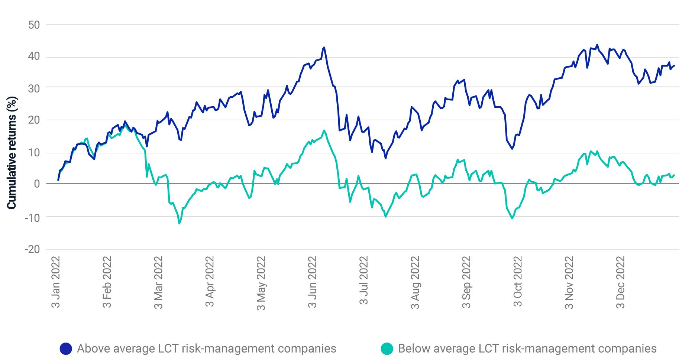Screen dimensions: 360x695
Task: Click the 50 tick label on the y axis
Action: click(x=34, y=25)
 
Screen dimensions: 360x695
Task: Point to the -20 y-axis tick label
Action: click(x=32, y=249)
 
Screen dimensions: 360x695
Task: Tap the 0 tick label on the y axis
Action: click(x=36, y=184)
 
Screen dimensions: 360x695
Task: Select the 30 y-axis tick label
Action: click(x=34, y=88)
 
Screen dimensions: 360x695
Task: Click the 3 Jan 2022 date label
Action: click(x=55, y=282)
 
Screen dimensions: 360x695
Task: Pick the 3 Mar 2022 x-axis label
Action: click(x=158, y=282)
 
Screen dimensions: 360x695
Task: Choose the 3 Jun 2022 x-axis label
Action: click(x=312, y=282)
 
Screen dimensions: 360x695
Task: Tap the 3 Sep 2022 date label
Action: click(x=466, y=282)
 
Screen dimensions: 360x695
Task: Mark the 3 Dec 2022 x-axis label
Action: click(x=620, y=282)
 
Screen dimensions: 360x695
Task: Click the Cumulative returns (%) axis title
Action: click(x=12, y=153)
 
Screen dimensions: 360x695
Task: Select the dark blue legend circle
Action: click(x=66, y=348)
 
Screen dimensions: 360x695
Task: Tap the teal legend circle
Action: click(x=387, y=348)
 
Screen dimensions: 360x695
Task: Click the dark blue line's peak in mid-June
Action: click(x=324, y=47)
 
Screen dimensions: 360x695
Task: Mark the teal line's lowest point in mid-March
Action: click(x=180, y=223)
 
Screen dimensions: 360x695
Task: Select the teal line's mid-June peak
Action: click(x=324, y=130)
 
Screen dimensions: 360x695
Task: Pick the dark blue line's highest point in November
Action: click(x=597, y=45)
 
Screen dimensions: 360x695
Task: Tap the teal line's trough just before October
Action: click(x=513, y=218)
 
